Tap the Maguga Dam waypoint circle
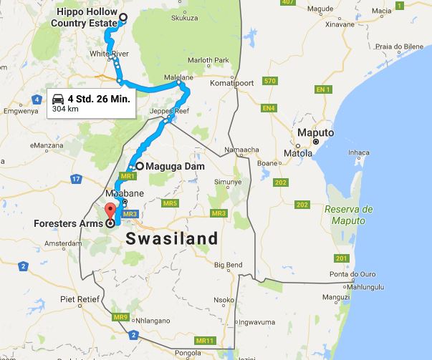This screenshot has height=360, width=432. click(140, 166)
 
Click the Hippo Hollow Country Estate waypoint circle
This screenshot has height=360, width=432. click(123, 18)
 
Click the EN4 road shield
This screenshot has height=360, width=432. click(269, 108)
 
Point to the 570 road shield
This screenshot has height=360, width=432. click(269, 81)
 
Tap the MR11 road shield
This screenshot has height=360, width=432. click(205, 339)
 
